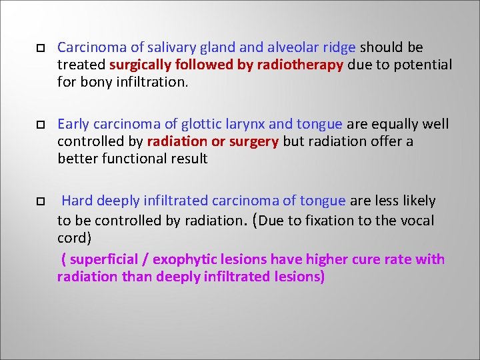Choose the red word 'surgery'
[x=254, y=141]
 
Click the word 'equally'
[x=395, y=124]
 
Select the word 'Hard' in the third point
[x=77, y=201]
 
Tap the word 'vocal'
[x=417, y=221]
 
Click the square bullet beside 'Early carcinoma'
[x=40, y=125]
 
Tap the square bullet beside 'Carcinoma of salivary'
[x=40, y=48]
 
